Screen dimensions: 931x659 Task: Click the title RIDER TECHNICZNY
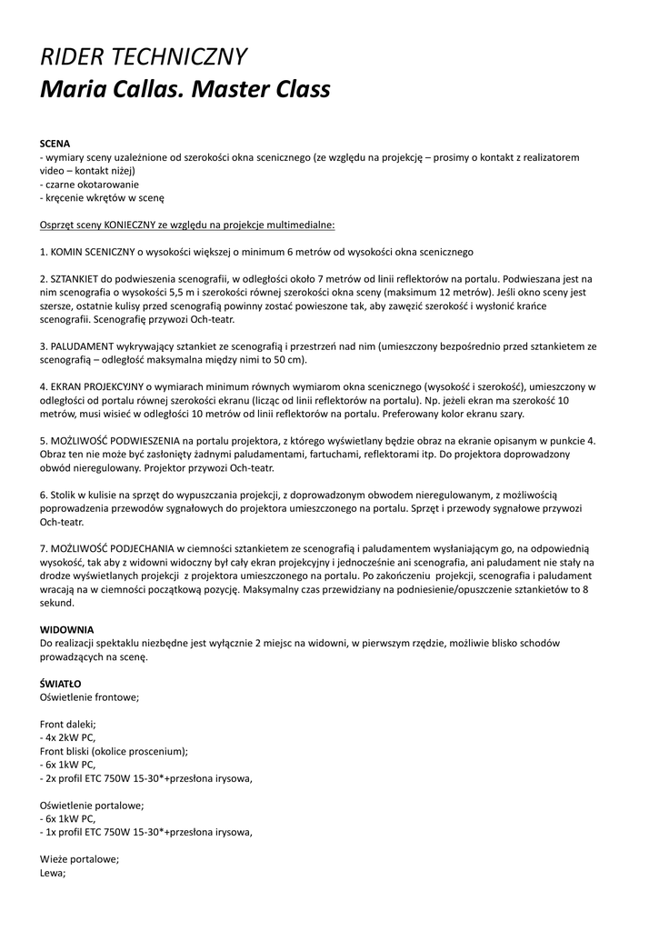click(143, 56)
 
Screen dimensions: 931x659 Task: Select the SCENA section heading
click(55, 144)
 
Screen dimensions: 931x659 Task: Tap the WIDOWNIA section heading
click(66, 629)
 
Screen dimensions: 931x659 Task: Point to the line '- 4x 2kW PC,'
click(68, 737)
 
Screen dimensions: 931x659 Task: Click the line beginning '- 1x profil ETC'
click(145, 832)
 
